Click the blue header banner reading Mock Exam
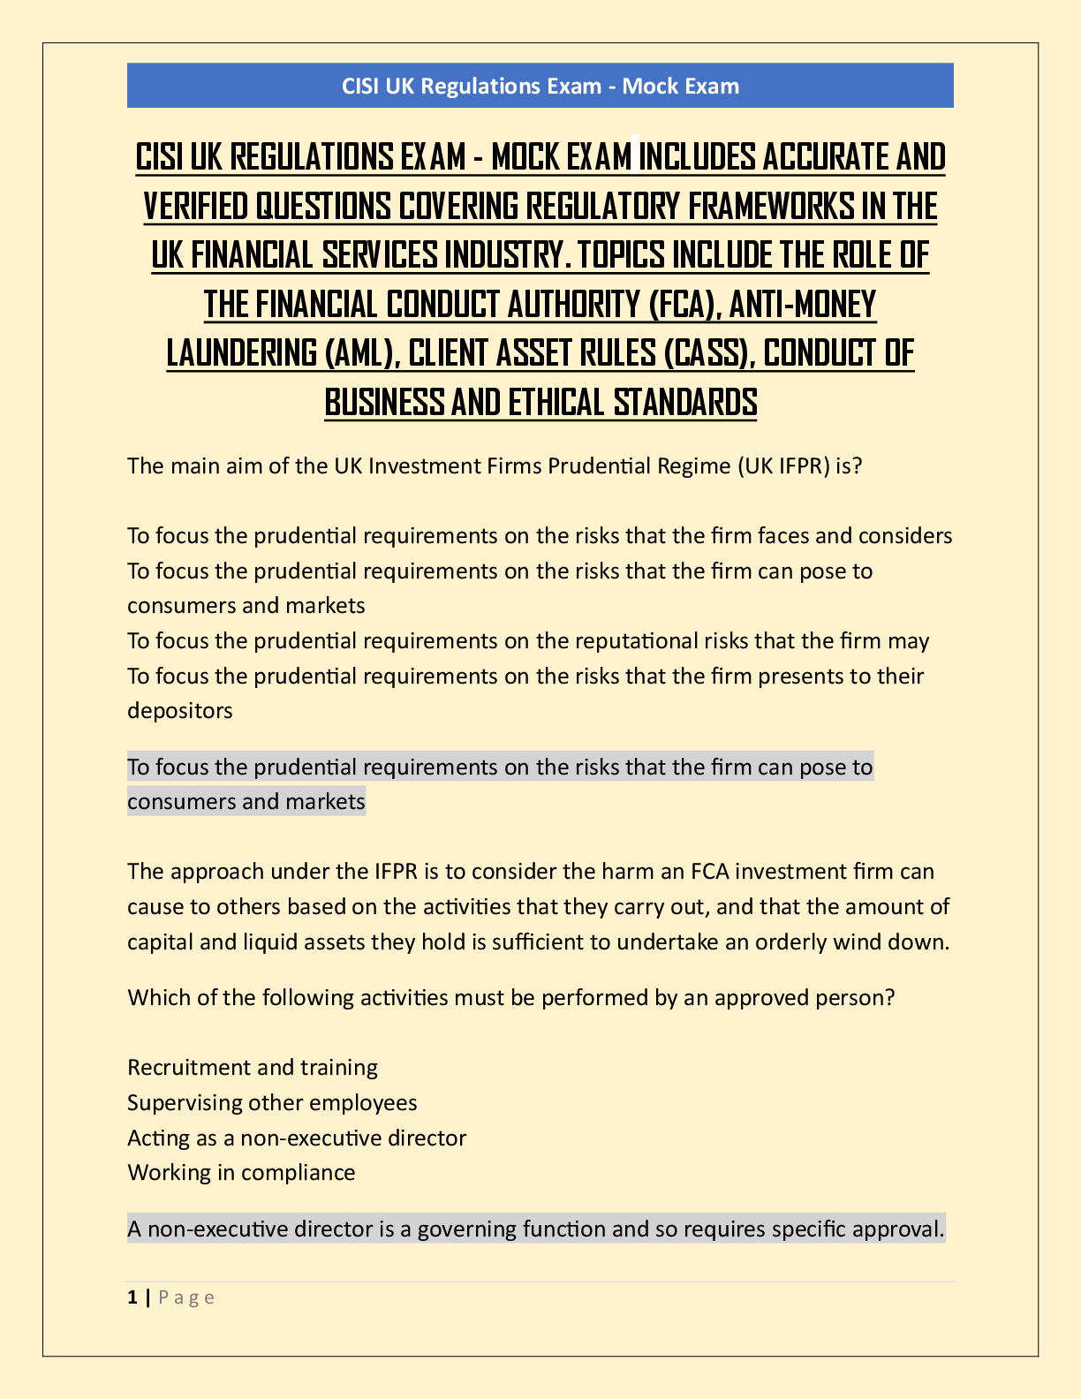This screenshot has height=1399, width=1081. point(540,86)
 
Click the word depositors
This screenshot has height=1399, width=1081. point(180,710)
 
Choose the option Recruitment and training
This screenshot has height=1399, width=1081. point(253,1068)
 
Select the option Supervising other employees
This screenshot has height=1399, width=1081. point(272,1103)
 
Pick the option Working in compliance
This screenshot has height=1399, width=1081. point(241,1173)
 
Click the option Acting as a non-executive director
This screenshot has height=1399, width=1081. point(297,1138)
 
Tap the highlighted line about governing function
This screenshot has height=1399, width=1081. point(536,1229)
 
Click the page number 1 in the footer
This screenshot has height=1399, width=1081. point(132,1297)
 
